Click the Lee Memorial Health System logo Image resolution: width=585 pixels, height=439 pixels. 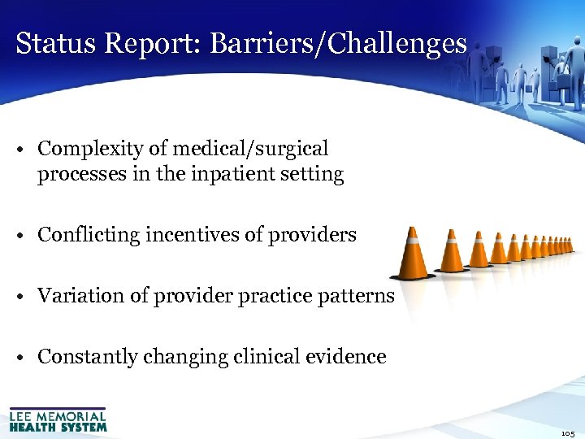[58, 419]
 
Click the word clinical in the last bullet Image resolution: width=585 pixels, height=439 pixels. [266, 358]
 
